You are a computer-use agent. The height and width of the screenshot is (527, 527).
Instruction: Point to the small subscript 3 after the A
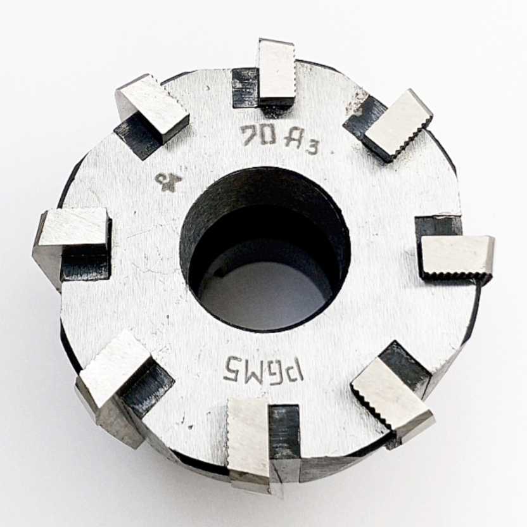click(310, 148)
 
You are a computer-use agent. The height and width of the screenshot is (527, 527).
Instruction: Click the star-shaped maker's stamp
click(168, 182)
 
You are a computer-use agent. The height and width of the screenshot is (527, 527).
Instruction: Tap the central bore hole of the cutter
click(265, 250)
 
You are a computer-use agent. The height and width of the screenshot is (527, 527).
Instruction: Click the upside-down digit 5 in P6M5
click(232, 367)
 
